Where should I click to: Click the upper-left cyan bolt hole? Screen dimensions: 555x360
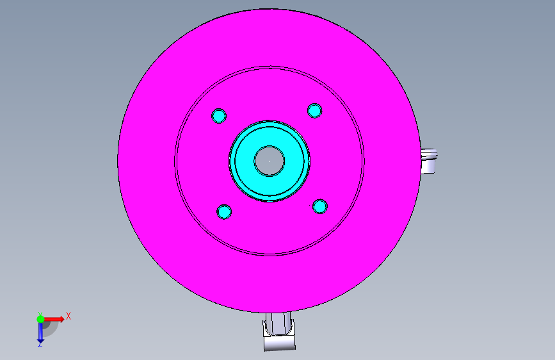[x=219, y=116]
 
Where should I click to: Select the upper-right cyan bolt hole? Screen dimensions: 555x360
[x=315, y=111]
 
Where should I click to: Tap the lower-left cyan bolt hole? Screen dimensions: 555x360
[x=224, y=212]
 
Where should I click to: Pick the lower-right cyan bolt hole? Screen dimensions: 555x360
[x=320, y=206]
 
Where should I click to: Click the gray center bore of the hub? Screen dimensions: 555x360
[x=269, y=161]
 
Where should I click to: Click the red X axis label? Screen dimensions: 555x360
[x=68, y=316]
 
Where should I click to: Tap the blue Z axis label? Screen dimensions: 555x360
[x=40, y=345]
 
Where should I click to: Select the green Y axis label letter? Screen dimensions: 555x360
[x=40, y=314]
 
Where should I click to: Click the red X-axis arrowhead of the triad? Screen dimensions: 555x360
[x=61, y=319]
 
